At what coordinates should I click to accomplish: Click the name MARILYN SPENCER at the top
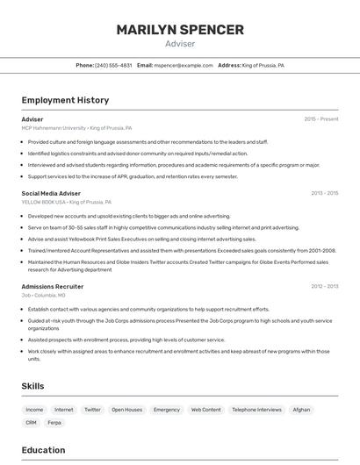coord(180,30)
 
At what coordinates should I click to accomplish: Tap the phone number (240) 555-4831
coord(113,65)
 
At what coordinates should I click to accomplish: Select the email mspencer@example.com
coord(184,65)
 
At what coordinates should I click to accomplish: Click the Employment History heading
coord(65,100)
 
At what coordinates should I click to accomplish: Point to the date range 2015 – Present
coord(320,119)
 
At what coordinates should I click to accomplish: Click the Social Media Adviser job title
coord(51,193)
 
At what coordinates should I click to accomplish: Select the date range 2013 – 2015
coord(324,193)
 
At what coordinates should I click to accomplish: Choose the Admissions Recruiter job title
coord(53,287)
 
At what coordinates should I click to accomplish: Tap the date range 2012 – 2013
coord(324,287)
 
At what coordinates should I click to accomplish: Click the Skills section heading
coord(33,386)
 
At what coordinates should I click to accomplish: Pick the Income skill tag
coord(34,410)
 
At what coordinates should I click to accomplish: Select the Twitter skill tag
coord(92,410)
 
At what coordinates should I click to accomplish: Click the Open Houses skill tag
coord(126,410)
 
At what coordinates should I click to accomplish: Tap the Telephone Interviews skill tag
coord(256,410)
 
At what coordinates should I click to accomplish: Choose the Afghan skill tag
coord(301,410)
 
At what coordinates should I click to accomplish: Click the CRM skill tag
coord(31,423)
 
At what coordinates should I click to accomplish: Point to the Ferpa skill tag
coord(54,423)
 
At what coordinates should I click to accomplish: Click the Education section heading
coord(43,450)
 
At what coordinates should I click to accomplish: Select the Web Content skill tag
coord(206,410)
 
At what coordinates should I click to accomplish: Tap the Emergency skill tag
coord(167,410)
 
